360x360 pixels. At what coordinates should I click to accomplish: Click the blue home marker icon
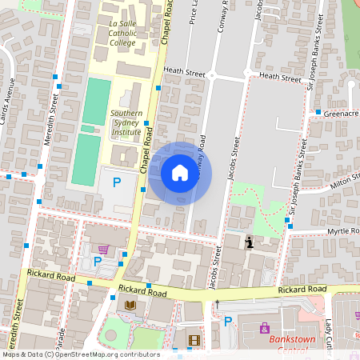point(180,173)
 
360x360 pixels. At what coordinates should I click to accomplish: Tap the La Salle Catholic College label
point(122,34)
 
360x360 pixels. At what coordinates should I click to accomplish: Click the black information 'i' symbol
point(250,242)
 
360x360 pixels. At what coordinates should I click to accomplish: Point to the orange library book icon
point(131,306)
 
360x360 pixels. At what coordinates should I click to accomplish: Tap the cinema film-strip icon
point(193,340)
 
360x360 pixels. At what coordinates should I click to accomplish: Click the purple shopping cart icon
point(103,250)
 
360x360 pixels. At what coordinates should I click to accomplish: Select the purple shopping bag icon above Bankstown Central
point(265,327)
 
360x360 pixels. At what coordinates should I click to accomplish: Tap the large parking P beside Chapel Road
point(116,182)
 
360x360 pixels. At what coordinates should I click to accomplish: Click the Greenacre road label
point(342,114)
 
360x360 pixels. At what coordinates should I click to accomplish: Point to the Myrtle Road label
point(342,231)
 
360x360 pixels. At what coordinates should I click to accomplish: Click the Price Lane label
point(194,16)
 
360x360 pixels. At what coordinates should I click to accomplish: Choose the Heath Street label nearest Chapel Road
point(184,72)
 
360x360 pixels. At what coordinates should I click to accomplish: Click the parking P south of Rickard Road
point(228,322)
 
